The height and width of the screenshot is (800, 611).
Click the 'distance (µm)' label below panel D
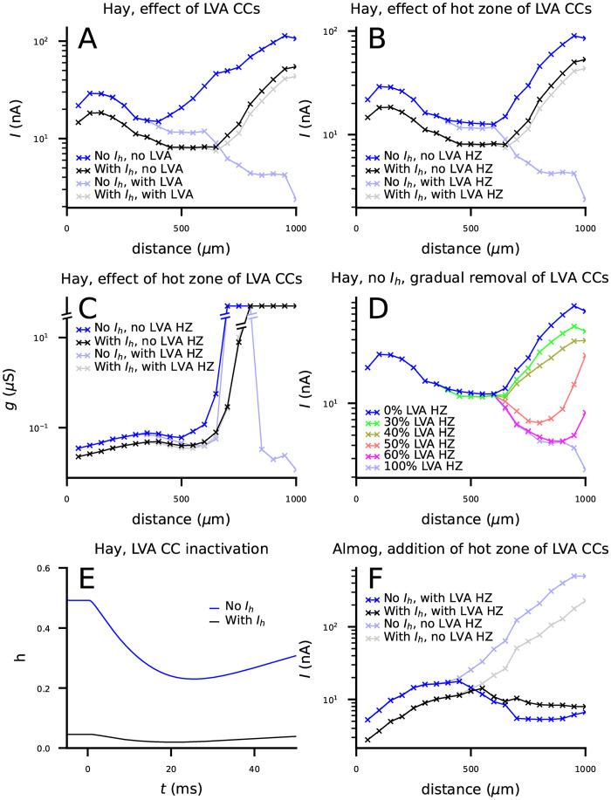coord(470,509)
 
